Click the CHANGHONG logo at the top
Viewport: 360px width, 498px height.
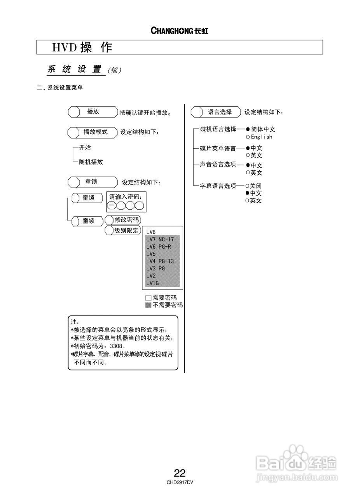(179, 31)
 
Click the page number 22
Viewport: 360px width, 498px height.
(180, 473)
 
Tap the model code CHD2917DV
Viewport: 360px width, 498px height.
(180, 482)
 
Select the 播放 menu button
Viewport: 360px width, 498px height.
(93, 112)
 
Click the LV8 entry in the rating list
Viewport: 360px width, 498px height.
(151, 232)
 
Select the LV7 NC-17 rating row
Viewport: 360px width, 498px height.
(160, 239)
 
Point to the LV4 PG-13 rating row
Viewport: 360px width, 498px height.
(160, 261)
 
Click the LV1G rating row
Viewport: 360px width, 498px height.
(152, 283)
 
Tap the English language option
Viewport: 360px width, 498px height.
(261, 137)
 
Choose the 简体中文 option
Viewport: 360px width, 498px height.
(263, 130)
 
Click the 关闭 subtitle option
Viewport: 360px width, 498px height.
(255, 186)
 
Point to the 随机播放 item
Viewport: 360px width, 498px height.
(91, 162)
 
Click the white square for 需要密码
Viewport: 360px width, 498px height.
(148, 298)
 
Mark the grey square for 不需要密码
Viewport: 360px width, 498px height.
(148, 305)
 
